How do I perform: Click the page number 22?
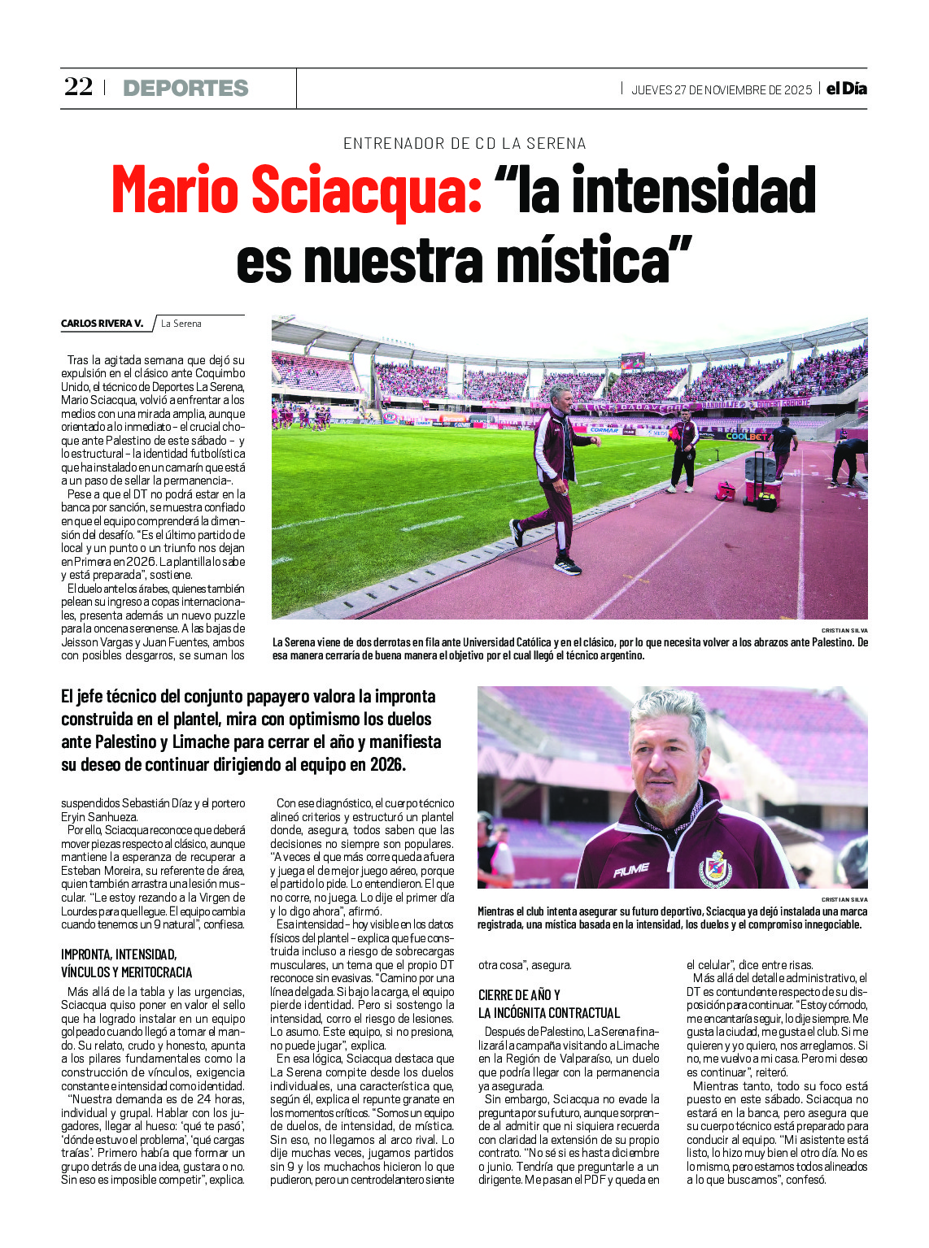(79, 87)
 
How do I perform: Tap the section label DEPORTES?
(185, 88)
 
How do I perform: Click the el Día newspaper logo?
(846, 89)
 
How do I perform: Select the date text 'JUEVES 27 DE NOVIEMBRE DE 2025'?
(722, 90)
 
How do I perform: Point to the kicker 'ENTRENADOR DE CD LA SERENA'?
(465, 144)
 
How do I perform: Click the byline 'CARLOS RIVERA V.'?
(102, 324)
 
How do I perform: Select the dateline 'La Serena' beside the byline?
(181, 324)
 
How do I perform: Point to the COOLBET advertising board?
(746, 437)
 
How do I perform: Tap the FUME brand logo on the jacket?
(631, 871)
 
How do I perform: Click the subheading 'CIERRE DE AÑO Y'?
(519, 995)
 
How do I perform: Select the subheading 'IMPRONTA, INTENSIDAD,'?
(119, 954)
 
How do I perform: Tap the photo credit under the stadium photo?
(844, 631)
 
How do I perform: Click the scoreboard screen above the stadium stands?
(632, 361)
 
